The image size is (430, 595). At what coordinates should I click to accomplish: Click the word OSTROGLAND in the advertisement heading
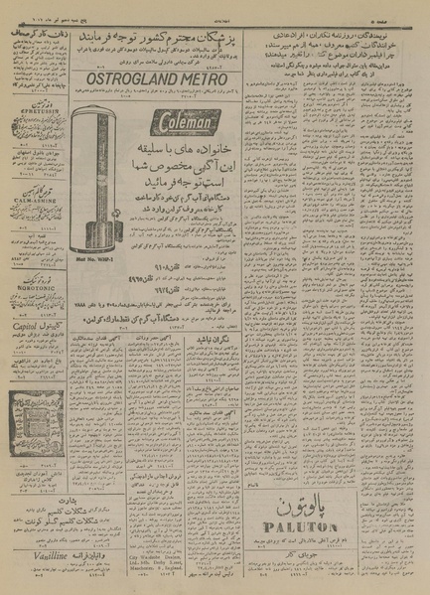(127, 79)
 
